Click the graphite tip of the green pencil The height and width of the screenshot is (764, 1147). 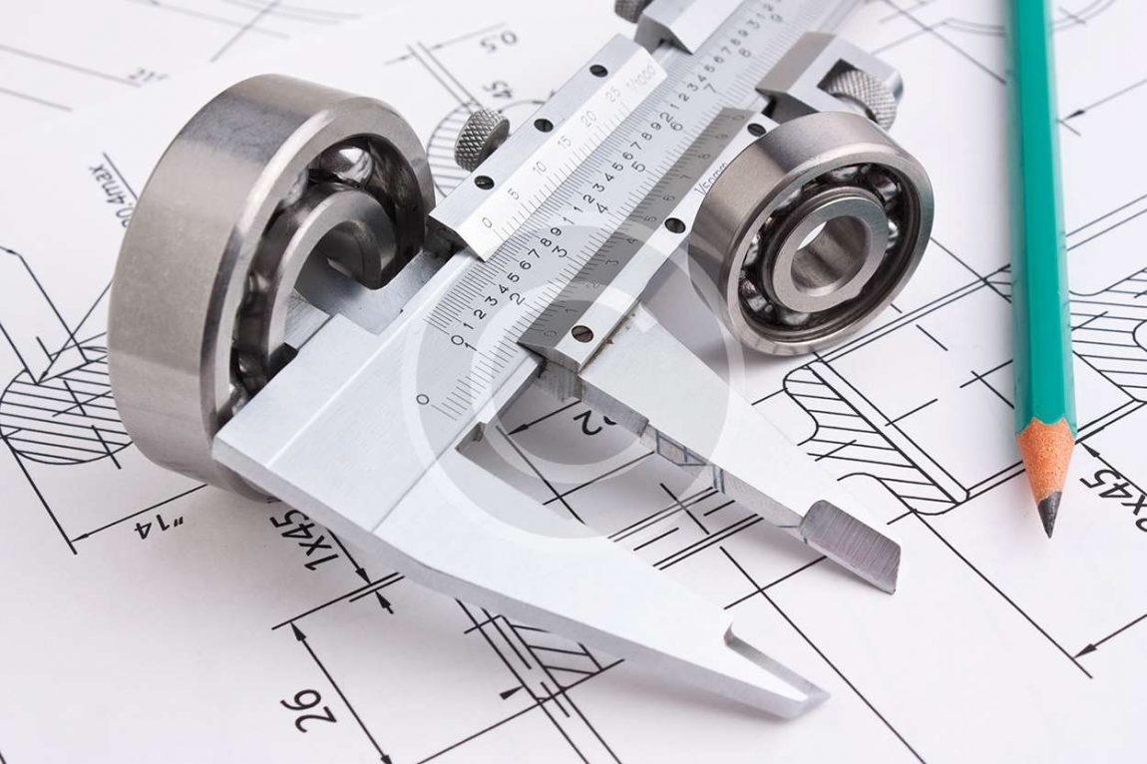click(1048, 516)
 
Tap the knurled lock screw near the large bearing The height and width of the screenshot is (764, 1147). click(481, 138)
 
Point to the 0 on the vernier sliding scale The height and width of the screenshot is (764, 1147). click(487, 221)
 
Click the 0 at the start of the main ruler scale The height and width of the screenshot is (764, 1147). click(423, 399)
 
